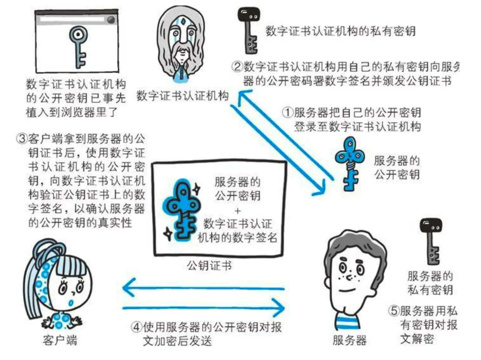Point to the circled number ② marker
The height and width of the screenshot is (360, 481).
coord(237,67)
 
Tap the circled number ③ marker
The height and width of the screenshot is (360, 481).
coord(22,139)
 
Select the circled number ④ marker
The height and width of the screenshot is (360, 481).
coord(136,327)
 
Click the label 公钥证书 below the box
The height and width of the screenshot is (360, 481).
coord(209,266)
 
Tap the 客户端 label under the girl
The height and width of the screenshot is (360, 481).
coord(60,340)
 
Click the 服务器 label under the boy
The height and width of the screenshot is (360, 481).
coord(349,340)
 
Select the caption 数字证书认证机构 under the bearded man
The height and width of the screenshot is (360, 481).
coord(182,96)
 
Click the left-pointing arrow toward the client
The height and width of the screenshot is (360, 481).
coord(203,288)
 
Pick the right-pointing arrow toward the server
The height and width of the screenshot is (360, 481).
coord(203,308)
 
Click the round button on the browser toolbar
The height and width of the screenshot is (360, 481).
coord(111,20)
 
